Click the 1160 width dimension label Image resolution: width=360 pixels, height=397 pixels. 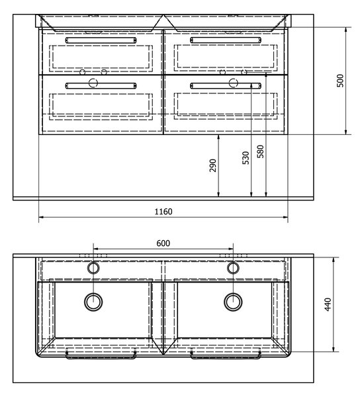163,212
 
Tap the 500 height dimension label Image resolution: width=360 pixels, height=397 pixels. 341,81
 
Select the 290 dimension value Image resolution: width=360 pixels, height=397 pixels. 213,165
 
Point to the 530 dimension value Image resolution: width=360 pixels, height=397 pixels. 246,157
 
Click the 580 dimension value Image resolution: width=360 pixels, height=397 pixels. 261,152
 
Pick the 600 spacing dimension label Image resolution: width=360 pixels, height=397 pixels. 163,243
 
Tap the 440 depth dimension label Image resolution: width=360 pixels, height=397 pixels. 328,304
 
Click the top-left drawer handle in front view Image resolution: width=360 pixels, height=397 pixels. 101,40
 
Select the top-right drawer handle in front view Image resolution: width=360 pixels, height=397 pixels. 226,40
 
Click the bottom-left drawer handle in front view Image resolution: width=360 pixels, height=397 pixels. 101,86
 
